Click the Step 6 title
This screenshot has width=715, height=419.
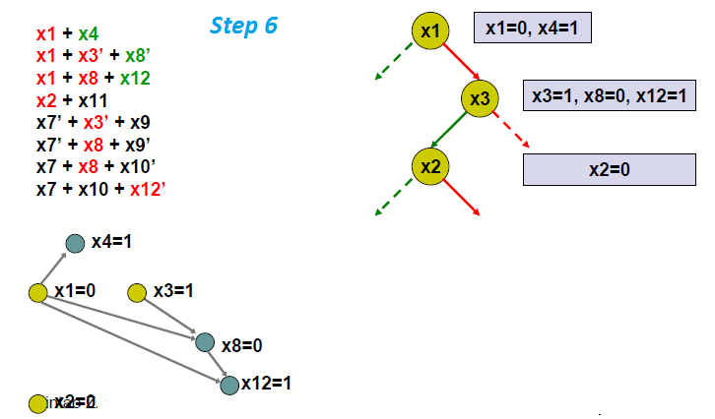243,26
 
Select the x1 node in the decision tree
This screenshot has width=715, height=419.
430,31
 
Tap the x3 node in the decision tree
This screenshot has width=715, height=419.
481,97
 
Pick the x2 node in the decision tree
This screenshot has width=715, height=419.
430,165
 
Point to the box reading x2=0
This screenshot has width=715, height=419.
609,169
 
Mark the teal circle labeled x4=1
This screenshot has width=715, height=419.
75,243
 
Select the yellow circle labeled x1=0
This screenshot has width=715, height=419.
38,292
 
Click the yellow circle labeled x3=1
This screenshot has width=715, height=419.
138,292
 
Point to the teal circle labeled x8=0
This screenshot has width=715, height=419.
204,342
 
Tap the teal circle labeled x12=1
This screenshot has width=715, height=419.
228,385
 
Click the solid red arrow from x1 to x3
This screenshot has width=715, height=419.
459,62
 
